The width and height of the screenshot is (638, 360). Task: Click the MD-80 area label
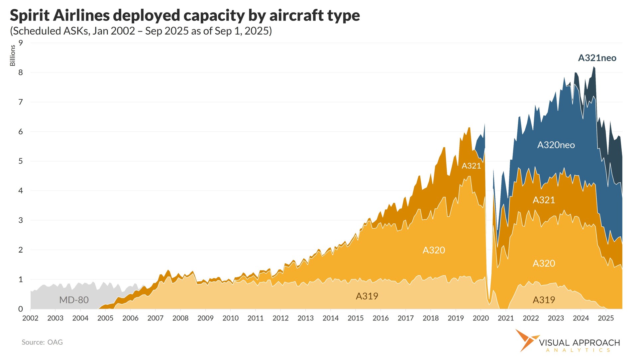[x=74, y=300]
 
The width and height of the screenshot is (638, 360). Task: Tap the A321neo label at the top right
[x=597, y=58]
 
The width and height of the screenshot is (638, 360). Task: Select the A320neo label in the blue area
[x=556, y=145]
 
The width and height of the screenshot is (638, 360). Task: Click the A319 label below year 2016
[x=367, y=296]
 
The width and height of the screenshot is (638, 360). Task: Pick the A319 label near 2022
[x=544, y=300]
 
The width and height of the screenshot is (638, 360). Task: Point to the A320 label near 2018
[x=434, y=250]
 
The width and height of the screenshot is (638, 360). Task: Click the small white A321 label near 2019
[x=471, y=166]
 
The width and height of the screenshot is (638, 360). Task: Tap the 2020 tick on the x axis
[x=480, y=318]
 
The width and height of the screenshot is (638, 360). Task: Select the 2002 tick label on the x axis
[x=30, y=318]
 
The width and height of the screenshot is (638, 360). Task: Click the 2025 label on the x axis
[x=605, y=318]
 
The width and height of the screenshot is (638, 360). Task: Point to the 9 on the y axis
[x=21, y=43]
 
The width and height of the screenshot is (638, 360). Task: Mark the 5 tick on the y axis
[x=21, y=161]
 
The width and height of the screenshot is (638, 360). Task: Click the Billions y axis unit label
[x=13, y=56]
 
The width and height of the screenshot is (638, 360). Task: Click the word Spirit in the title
[x=29, y=16]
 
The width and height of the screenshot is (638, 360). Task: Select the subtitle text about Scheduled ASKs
[x=141, y=31]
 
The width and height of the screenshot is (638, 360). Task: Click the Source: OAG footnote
[x=42, y=342]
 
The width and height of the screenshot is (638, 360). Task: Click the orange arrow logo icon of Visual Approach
[x=526, y=340]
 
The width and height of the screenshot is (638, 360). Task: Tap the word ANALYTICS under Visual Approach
[x=579, y=350]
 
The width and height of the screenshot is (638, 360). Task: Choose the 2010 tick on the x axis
[x=230, y=318]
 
